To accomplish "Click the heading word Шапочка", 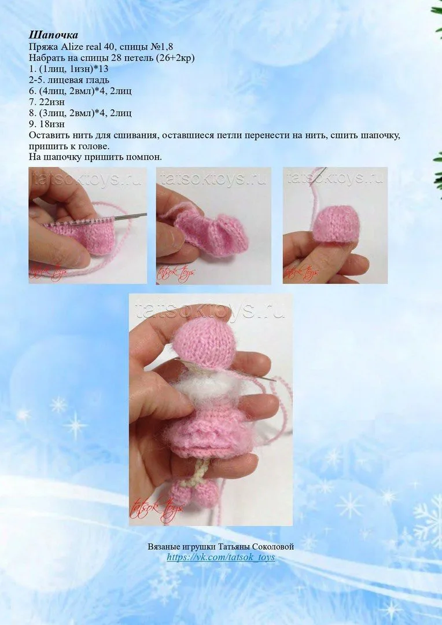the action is tap(53, 35).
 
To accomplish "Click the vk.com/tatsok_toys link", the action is tap(221, 557).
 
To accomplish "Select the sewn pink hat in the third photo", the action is tap(336, 223).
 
